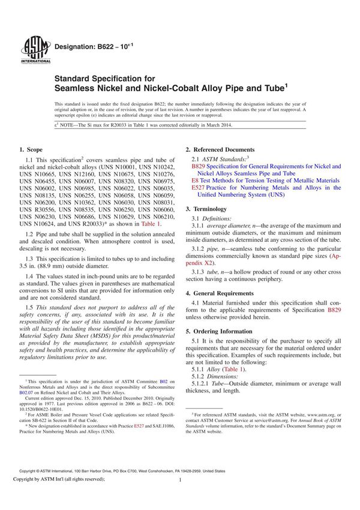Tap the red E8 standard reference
[195, 180]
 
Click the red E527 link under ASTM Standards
[199, 188]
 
